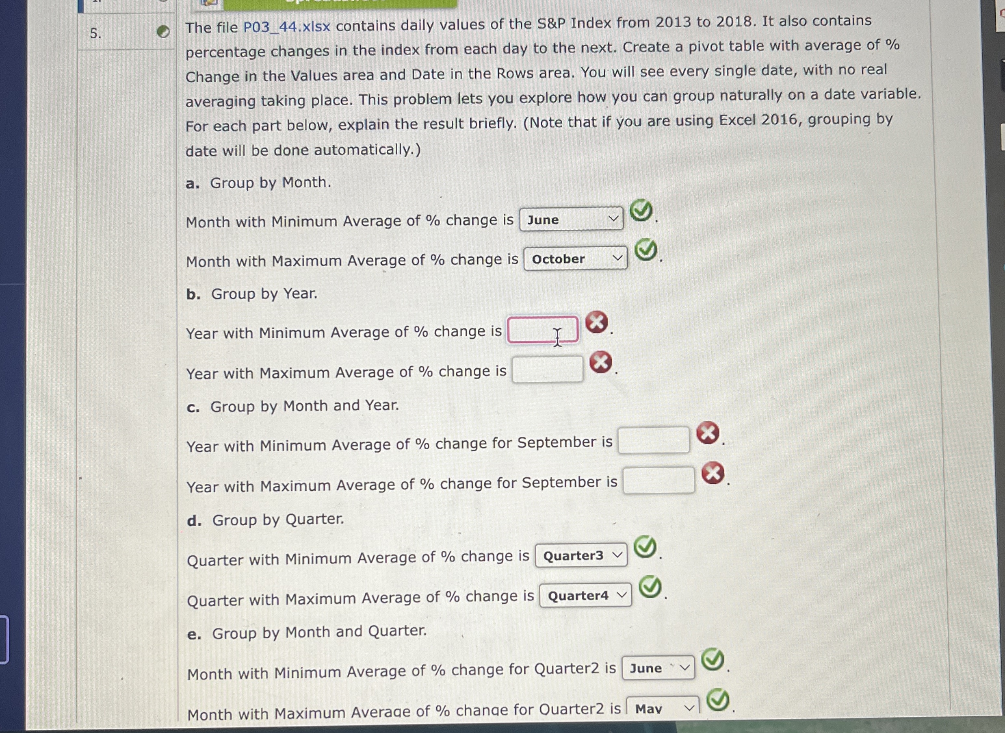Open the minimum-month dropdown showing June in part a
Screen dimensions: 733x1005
[571, 219]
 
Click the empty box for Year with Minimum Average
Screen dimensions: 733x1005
[543, 330]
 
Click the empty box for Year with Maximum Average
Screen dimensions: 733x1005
[548, 369]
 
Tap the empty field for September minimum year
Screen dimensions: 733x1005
[654, 440]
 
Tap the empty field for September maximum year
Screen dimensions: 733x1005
[658, 481]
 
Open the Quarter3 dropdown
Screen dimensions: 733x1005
[581, 555]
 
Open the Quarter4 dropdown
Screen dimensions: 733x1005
[585, 596]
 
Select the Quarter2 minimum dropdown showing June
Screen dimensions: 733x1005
[658, 668]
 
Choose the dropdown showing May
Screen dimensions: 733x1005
[662, 708]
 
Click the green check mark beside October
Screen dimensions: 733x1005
[645, 250]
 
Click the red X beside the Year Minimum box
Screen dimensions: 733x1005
[596, 322]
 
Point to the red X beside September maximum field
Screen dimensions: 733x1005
[713, 472]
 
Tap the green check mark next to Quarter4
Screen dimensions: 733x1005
[650, 587]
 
